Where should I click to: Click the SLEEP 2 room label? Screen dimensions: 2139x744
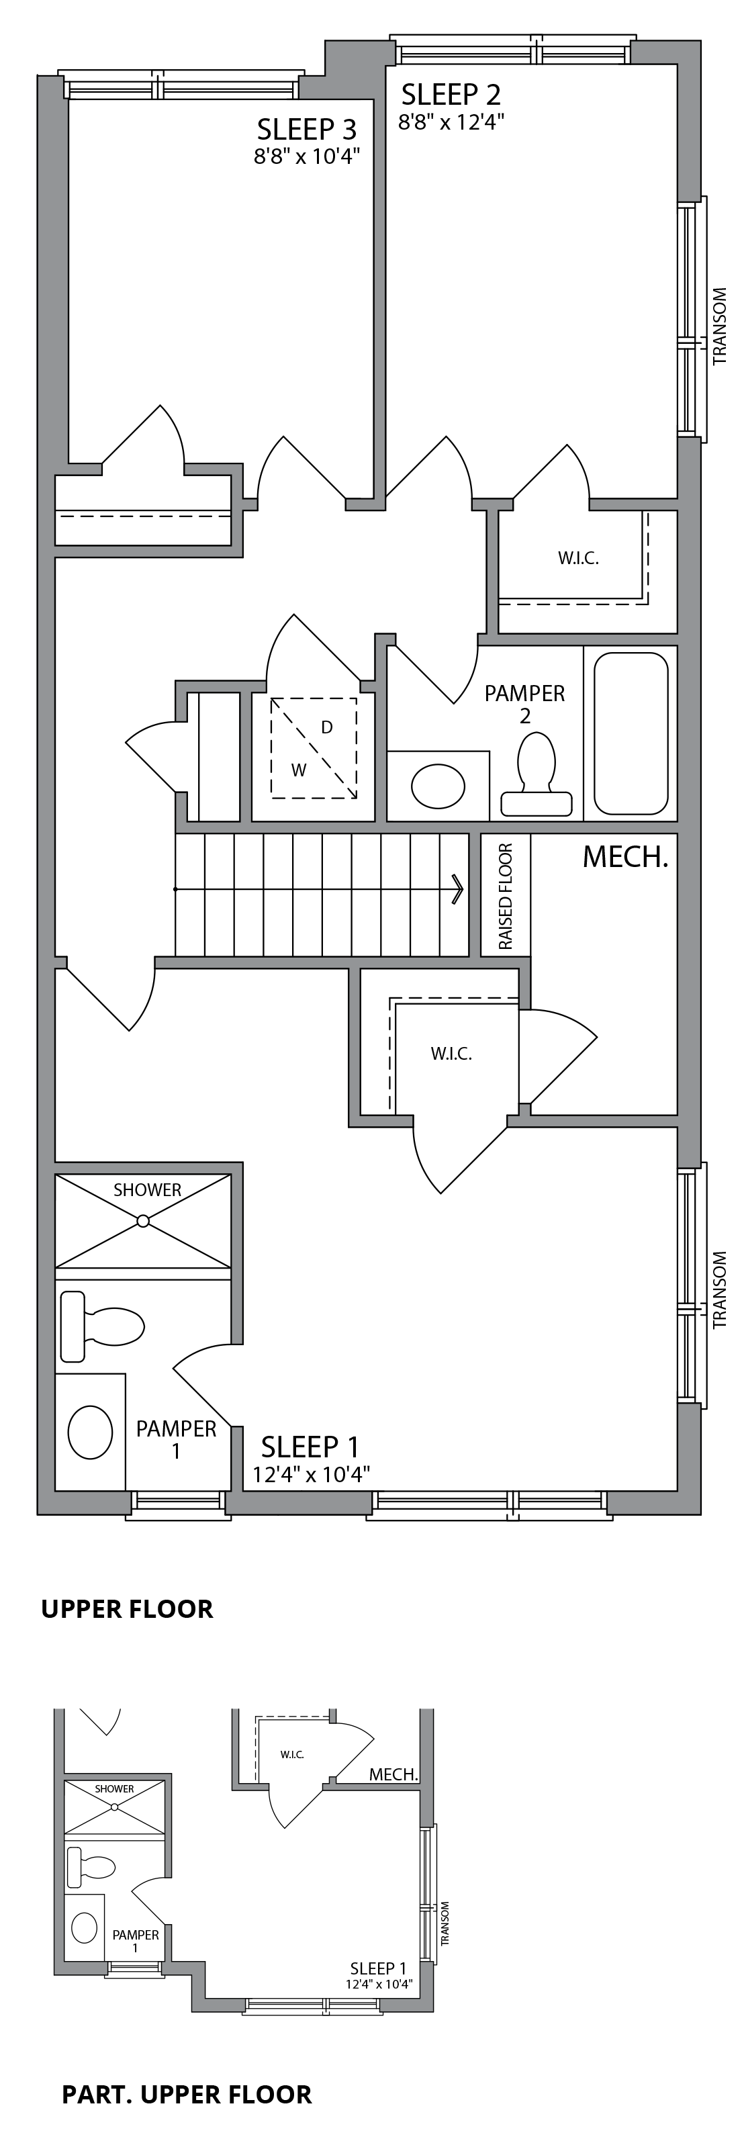(451, 95)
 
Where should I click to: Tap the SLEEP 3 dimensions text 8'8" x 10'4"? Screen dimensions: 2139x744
(308, 156)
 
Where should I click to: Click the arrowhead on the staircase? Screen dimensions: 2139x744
(457, 889)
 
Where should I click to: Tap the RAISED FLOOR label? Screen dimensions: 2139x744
(506, 897)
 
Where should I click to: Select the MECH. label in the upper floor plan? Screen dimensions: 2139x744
(625, 857)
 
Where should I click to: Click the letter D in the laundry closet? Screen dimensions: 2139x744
(327, 727)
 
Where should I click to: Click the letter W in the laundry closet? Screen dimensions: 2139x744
(299, 770)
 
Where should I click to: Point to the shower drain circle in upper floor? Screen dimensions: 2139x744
(143, 1221)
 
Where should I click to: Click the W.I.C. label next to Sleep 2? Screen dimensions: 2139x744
(578, 558)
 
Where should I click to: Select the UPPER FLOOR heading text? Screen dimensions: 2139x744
(127, 1609)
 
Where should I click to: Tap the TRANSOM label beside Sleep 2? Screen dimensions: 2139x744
(719, 326)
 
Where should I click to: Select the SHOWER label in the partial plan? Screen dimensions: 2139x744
(113, 1788)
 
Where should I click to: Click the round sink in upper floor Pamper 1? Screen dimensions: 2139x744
(90, 1432)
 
